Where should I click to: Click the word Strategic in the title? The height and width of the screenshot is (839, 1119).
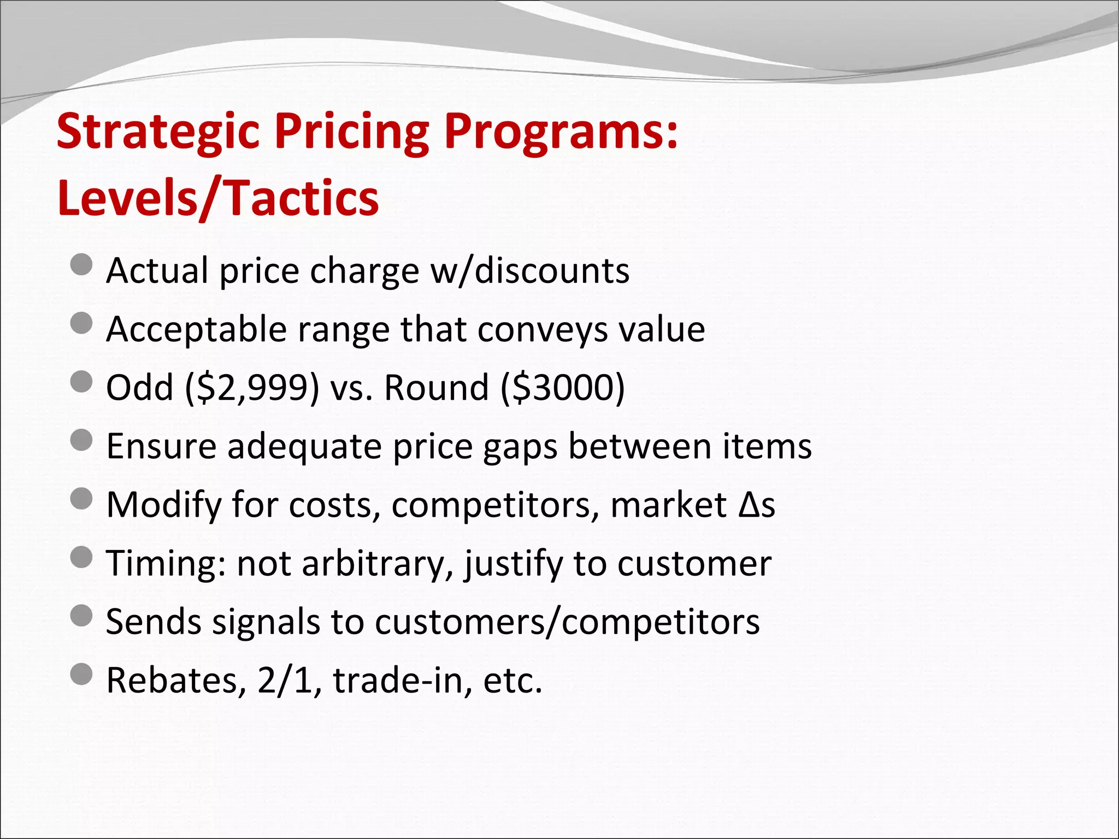(158, 133)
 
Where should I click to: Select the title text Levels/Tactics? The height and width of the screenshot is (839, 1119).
(217, 198)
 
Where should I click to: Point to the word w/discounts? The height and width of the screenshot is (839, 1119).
(530, 270)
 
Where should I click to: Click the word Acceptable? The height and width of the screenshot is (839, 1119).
(196, 329)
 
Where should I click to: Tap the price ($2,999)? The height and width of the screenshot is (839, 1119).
(252, 388)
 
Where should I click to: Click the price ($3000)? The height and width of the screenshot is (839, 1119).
(562, 388)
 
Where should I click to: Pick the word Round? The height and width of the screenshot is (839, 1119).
(436, 388)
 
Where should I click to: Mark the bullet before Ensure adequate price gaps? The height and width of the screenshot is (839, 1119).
(82, 440)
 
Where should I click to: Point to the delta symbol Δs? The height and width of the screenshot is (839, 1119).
(756, 505)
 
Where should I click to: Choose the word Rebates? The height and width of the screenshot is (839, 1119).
(175, 681)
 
